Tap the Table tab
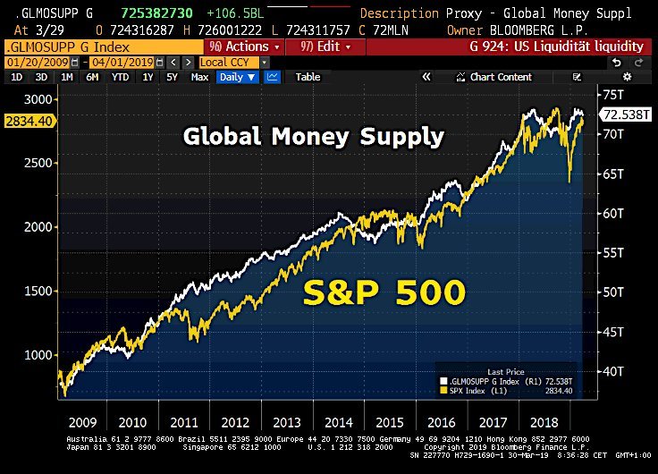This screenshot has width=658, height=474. coord(308,77)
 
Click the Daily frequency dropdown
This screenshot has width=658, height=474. coord(237,77)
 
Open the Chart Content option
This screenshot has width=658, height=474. coord(501,77)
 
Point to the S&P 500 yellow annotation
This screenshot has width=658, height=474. coord(384,292)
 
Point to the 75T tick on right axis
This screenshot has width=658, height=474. coord(612,95)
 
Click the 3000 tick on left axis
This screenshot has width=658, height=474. coord(39,99)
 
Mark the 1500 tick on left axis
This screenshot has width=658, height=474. coord(39,292)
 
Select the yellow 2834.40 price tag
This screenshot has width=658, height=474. coord(26,121)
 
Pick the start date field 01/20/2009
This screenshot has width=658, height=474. coord(36,62)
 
